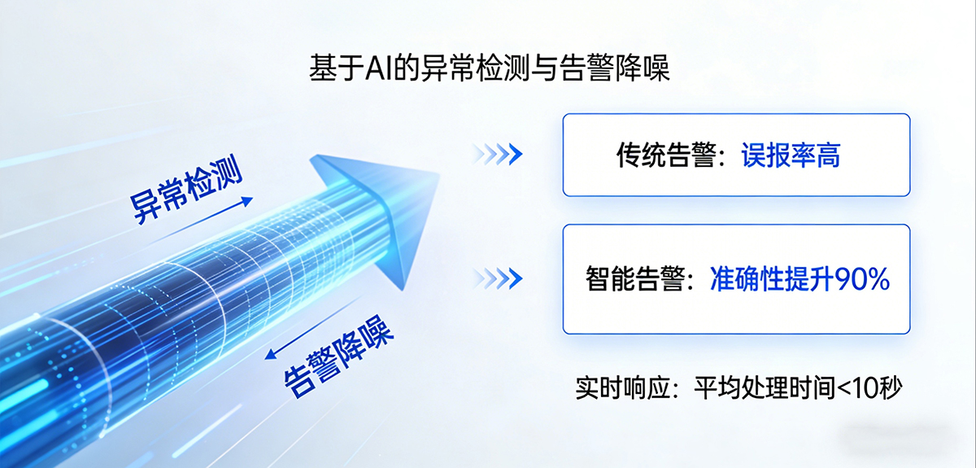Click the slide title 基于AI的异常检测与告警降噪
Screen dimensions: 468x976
click(489, 68)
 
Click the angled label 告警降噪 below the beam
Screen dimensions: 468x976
click(338, 357)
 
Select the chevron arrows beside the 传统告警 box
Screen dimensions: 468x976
click(497, 154)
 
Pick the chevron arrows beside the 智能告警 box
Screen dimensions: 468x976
click(497, 279)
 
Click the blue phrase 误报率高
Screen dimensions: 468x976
click(791, 155)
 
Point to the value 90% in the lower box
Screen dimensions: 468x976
click(864, 280)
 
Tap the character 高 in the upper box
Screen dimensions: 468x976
click(828, 155)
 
